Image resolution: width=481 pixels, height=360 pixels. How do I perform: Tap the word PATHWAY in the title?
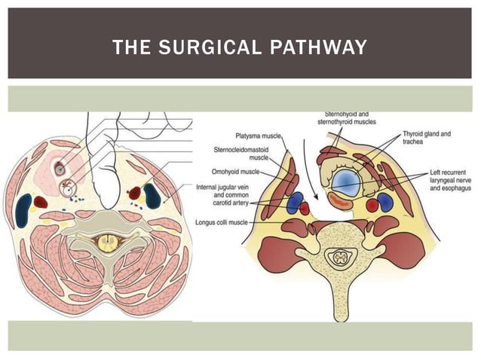(318, 48)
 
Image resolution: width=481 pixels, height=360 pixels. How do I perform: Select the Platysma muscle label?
(256, 136)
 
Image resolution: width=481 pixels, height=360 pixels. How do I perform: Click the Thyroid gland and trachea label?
(426, 138)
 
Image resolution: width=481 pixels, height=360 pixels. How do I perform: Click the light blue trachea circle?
(347, 181)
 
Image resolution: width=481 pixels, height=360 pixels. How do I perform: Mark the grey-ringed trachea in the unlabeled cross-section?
(60, 169)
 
